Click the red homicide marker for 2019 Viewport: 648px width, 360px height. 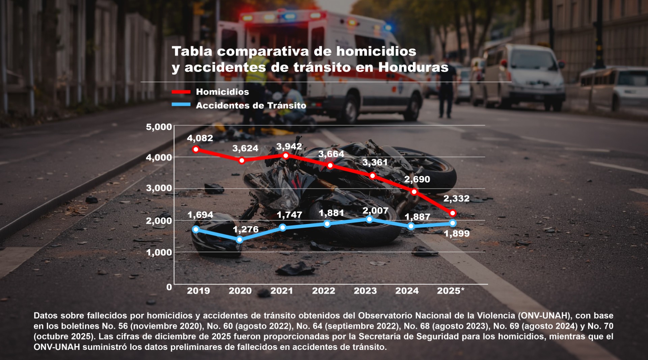[196, 149]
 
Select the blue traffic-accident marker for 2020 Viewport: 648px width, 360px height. [239, 240]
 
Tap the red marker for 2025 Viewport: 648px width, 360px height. [453, 213]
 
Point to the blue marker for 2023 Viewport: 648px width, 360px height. [370, 219]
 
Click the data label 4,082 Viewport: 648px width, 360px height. [200, 138]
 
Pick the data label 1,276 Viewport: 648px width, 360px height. [245, 229]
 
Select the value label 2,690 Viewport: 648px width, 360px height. [417, 179]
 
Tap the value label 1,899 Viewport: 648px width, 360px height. [457, 233]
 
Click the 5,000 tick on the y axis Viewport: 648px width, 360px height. [159, 127]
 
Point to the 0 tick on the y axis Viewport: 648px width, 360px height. [169, 287]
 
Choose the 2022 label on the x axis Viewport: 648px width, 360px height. [323, 291]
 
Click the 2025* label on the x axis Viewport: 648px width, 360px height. [451, 291]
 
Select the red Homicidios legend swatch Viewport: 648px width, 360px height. [181, 92]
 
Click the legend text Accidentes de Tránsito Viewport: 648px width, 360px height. [251, 106]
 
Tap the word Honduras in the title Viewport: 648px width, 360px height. [413, 67]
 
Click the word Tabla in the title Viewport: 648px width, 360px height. [192, 51]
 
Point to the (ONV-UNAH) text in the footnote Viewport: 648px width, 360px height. [544, 315]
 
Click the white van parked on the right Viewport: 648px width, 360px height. [523, 78]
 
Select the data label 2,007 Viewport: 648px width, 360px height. [375, 211]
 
